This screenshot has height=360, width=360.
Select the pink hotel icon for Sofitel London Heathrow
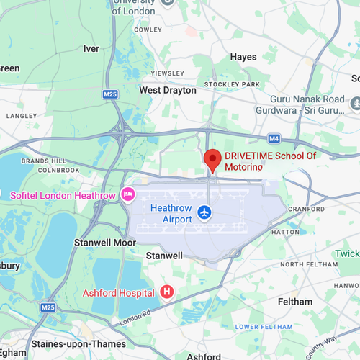[128, 194]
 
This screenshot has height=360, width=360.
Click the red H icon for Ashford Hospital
[167, 292]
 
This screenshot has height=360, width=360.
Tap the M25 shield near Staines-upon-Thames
[48, 307]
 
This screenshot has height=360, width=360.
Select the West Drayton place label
[167, 91]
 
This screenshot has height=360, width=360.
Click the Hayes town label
[243, 57]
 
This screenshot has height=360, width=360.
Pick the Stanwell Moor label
[105, 243]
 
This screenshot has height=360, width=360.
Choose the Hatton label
[284, 233]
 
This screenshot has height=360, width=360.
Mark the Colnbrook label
[45, 170]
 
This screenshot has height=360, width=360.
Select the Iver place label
[91, 49]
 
